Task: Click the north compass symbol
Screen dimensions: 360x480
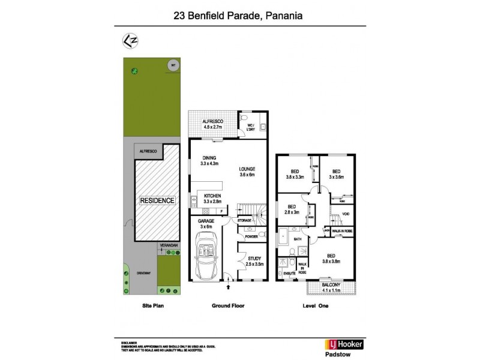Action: click(128, 41)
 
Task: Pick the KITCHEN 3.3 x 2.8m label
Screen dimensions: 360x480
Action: click(213, 199)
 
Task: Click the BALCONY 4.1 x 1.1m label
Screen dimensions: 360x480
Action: click(331, 288)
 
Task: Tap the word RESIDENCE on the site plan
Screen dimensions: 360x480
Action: click(157, 200)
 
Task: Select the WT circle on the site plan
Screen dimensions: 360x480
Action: click(173, 65)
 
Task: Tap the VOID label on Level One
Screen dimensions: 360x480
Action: click(345, 214)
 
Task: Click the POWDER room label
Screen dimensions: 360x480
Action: click(251, 236)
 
